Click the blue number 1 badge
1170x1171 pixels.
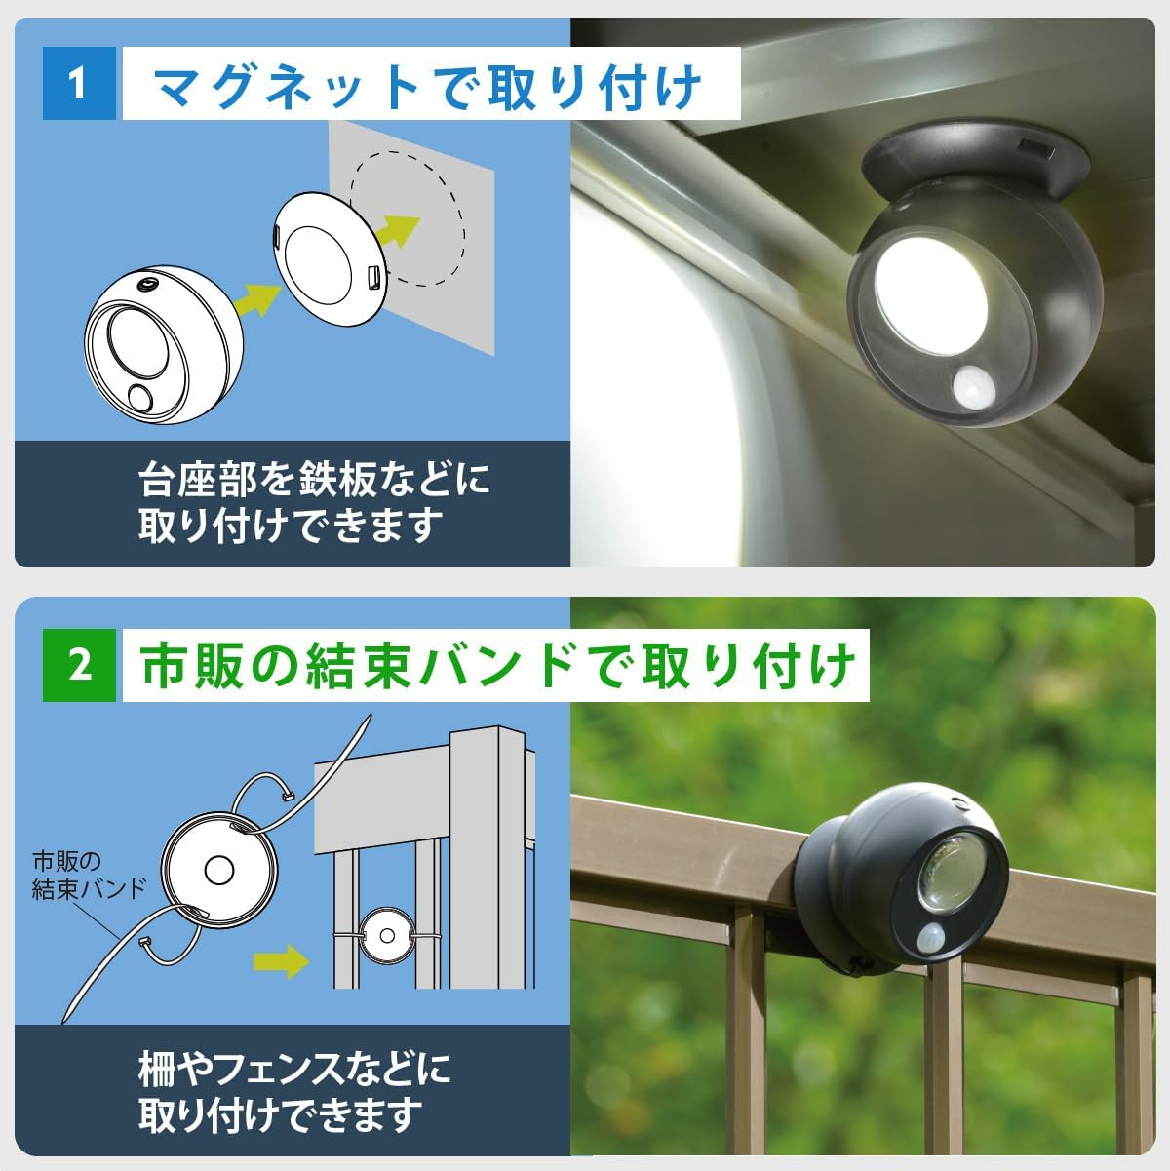tap(79, 84)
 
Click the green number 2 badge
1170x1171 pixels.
tap(80, 666)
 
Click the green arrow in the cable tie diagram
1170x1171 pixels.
tap(281, 961)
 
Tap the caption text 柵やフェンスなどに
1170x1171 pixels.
tap(294, 1070)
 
